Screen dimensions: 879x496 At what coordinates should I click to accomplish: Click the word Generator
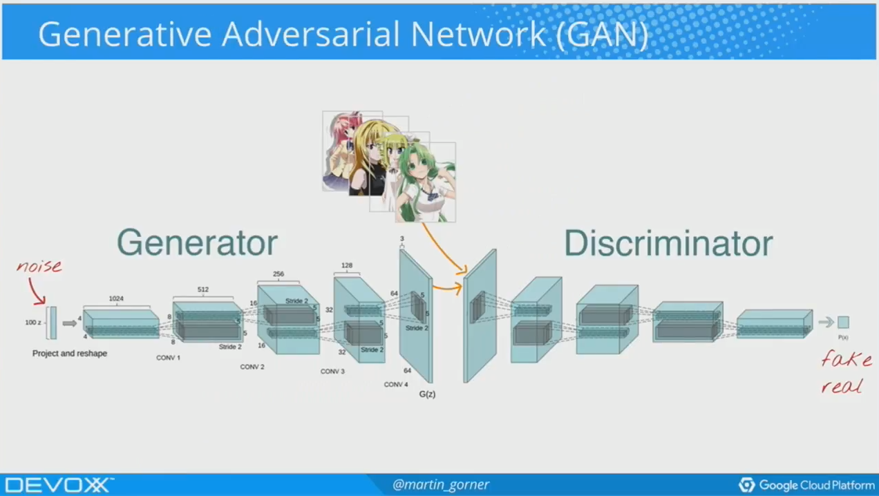pos(197,243)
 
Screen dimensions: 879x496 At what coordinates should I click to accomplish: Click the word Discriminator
pos(668,243)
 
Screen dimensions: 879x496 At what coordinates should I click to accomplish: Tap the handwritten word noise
pos(39,267)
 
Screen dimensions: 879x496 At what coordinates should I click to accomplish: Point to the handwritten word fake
pos(846,360)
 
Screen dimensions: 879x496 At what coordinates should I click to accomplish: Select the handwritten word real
pos(842,386)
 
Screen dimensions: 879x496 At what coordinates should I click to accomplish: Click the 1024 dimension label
pos(116,299)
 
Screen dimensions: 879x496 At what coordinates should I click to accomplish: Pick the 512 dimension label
pos(202,290)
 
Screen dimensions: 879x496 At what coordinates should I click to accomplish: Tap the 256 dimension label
pos(278,274)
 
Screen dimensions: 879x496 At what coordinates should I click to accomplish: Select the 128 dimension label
pos(347,265)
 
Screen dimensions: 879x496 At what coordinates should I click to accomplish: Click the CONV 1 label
pos(168,358)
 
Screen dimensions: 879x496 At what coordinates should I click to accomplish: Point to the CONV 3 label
pos(332,372)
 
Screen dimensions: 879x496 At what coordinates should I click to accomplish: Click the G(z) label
pos(427,394)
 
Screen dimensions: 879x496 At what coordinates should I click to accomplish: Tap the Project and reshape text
pos(70,354)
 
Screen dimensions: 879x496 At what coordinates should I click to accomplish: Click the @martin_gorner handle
pos(441,485)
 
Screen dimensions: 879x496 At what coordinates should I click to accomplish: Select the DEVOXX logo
pos(58,485)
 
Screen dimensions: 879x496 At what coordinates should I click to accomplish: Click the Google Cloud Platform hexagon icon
pos(746,485)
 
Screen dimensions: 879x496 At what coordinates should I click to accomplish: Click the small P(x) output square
pos(843,322)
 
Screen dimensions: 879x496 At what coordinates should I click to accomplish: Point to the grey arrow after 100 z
pos(70,323)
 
